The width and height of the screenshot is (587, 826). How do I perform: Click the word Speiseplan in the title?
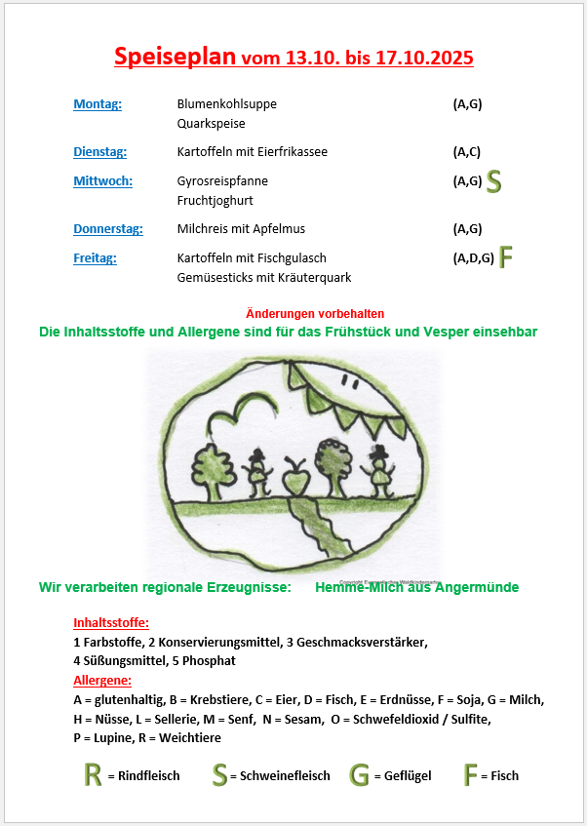tap(175, 57)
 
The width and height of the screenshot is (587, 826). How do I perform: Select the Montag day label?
tap(98, 104)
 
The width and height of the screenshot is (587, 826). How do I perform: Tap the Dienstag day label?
tap(99, 152)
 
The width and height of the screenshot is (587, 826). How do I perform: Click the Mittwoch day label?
tap(102, 180)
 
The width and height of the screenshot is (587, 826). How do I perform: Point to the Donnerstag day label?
tap(107, 229)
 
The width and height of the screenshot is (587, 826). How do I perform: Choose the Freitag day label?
tap(95, 258)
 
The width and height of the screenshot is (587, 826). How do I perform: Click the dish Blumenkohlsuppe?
tap(219, 104)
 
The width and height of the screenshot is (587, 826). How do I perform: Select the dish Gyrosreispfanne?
tap(222, 181)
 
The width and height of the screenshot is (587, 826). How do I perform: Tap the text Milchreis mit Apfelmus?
tap(241, 229)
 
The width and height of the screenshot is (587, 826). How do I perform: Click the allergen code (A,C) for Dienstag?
tap(467, 152)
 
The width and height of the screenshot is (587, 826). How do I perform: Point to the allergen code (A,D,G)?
tap(473, 258)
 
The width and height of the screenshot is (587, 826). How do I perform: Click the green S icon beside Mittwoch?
tap(494, 180)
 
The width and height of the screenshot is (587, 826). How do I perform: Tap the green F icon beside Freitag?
tap(505, 257)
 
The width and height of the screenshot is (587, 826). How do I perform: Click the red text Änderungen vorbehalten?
tap(315, 313)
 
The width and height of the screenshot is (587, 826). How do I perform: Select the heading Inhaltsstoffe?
tap(111, 623)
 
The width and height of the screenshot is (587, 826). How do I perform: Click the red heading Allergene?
tap(102, 680)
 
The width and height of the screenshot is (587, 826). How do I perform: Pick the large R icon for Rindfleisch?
tap(93, 775)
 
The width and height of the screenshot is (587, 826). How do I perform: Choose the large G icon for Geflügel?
tap(359, 775)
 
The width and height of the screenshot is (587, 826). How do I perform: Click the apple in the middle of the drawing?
tap(293, 480)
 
